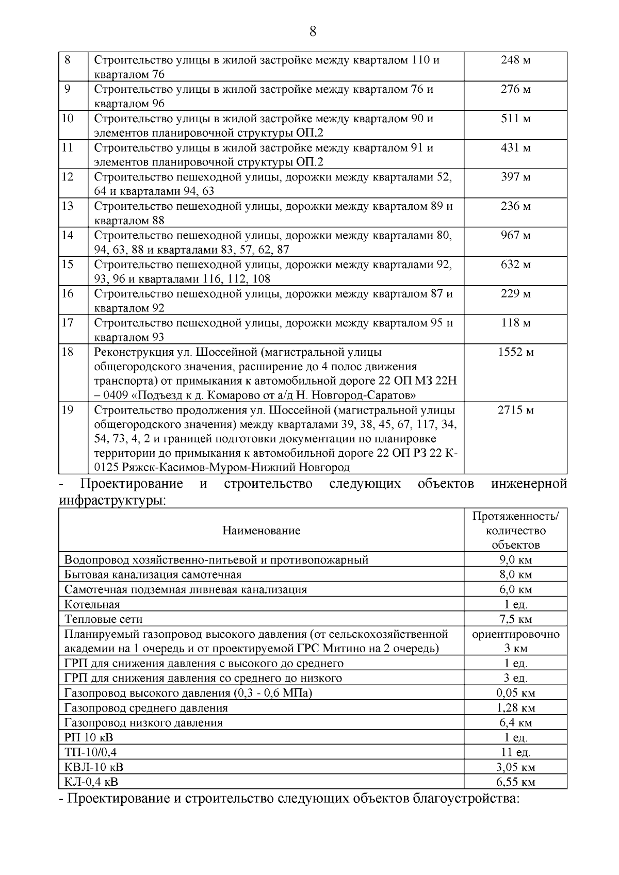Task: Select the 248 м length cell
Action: pyautogui.click(x=515, y=60)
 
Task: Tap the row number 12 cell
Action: pyautogui.click(x=68, y=177)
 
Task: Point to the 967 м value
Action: pyautogui.click(x=515, y=236)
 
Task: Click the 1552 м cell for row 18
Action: pyautogui.click(x=515, y=353)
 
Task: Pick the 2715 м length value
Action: pyautogui.click(x=515, y=411)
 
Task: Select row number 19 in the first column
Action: pyautogui.click(x=68, y=410)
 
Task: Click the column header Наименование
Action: pyautogui.click(x=261, y=531)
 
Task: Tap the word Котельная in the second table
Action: pyautogui.click(x=92, y=605)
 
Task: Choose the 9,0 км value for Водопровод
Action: pyautogui.click(x=515, y=560)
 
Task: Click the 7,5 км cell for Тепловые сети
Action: pyautogui.click(x=515, y=619)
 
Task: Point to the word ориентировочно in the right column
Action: pyautogui.click(x=515, y=634)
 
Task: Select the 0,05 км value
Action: pyautogui.click(x=515, y=693)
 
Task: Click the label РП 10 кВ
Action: pyautogui.click(x=89, y=738)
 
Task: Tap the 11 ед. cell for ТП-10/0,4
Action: pyautogui.click(x=515, y=753)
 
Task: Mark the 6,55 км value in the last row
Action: pyautogui.click(x=515, y=782)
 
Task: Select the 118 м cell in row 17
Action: pyautogui.click(x=515, y=323)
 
